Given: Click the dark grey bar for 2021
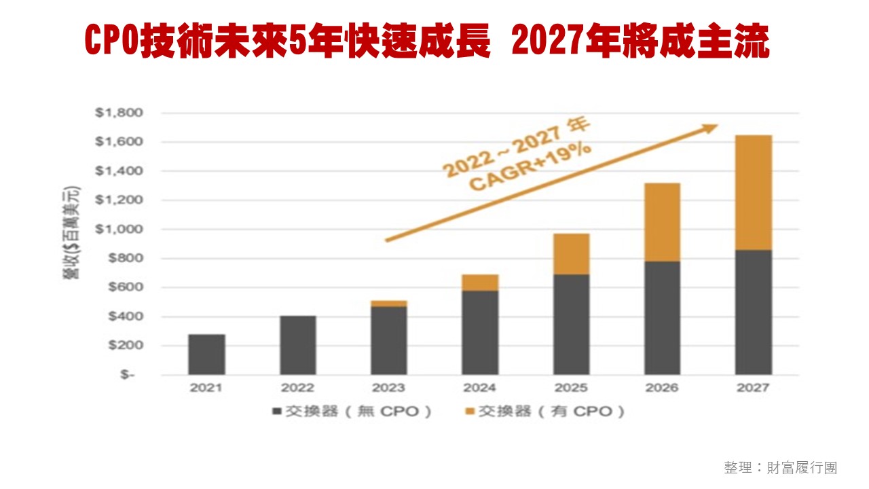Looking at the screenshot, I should point(206,355).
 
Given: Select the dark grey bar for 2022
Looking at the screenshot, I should point(297,345).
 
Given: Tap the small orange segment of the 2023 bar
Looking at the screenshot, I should point(388,304).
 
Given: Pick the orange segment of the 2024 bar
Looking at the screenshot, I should point(480,283).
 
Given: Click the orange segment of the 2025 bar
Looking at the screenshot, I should point(571,254).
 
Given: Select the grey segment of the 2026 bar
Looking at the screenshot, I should point(662,318).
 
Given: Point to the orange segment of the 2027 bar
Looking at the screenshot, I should point(753,193).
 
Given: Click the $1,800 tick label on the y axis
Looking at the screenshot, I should point(119,113).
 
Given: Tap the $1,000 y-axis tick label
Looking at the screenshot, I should point(119,230).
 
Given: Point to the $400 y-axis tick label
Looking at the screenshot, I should point(122,316).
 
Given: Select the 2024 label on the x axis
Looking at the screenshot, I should point(480,388).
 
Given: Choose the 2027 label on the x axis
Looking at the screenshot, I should point(753,388).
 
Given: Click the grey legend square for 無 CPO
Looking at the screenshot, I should point(276,412).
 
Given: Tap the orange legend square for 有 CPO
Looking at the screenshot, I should point(469,412).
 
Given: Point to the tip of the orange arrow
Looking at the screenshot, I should point(717,126).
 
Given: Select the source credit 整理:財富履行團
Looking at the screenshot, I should point(780,468).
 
